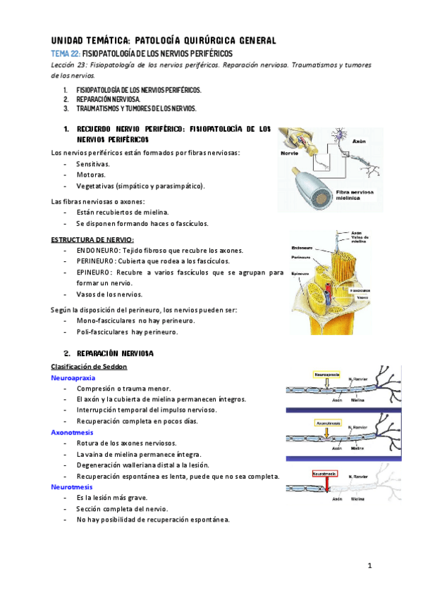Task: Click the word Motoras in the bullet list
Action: coord(91,175)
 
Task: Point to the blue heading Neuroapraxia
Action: coord(73,378)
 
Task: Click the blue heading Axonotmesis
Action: coord(72,432)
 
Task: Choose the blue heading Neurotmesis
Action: coord(71,486)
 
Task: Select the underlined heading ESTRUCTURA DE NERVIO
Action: coord(92,240)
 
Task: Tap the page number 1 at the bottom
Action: coord(369,567)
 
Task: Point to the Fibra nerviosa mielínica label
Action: coord(353,195)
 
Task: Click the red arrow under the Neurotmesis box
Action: coord(325,487)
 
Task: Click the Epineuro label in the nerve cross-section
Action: coord(300,273)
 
